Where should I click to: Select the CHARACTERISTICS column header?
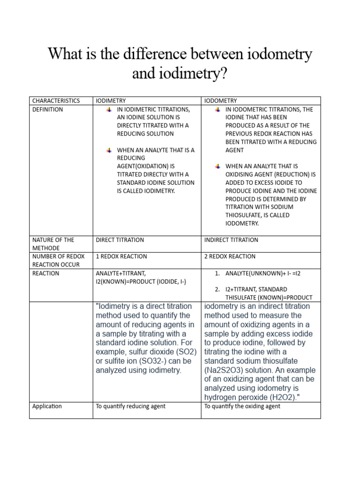click(x=56, y=101)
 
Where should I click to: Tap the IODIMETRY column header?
click(x=111, y=101)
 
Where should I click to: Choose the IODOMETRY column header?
click(x=221, y=101)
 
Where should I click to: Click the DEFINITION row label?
click(x=47, y=109)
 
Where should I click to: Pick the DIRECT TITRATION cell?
click(x=120, y=240)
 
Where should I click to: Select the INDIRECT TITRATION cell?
click(x=231, y=240)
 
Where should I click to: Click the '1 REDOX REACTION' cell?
click(x=121, y=256)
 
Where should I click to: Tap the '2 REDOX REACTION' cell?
click(x=230, y=256)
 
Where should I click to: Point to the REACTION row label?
click(x=46, y=273)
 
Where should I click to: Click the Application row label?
click(x=47, y=406)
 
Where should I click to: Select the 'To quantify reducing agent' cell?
click(x=130, y=406)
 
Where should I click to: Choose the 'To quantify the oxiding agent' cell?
click(x=242, y=406)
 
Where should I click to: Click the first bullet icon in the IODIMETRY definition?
click(x=109, y=110)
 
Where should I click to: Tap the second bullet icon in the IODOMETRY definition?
click(x=217, y=166)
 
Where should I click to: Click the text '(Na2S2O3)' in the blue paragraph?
click(x=223, y=370)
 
